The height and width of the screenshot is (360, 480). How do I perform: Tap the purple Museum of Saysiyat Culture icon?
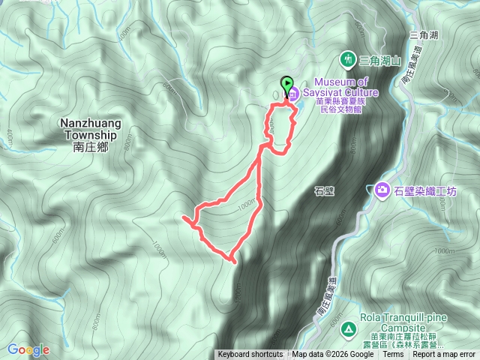pos(293,94)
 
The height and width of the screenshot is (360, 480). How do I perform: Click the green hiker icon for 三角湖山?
pos(348,58)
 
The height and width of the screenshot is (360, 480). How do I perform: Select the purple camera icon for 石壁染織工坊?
pos(382,190)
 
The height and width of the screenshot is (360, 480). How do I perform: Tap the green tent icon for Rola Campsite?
pos(348,328)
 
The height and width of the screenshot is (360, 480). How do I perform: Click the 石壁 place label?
pos(323,191)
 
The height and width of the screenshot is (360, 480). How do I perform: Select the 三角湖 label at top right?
pos(424,34)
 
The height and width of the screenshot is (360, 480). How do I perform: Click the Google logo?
pos(28,349)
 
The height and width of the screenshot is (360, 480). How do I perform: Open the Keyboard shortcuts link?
pos(250,355)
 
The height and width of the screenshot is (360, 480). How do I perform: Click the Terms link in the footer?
pos(392,355)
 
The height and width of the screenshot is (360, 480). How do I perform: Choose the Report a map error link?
pos(443,355)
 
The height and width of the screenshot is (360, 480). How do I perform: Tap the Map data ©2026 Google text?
pos(334,355)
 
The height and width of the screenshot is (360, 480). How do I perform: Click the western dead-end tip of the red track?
pos(183,217)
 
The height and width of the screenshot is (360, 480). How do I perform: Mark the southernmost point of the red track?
pos(234,262)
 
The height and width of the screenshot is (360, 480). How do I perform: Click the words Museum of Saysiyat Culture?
pos(346,86)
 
